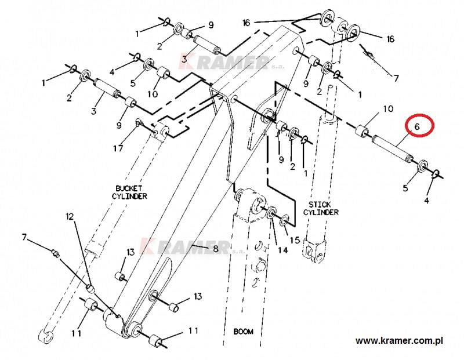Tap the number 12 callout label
pyautogui.click(x=70, y=217)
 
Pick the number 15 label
pyautogui.click(x=295, y=239)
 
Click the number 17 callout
pyautogui.click(x=118, y=148)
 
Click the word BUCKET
pyautogui.click(x=128, y=188)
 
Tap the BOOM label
pyautogui.click(x=243, y=332)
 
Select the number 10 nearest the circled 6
pyautogui.click(x=388, y=108)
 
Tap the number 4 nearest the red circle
pyautogui.click(x=427, y=201)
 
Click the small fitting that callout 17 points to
pyautogui.click(x=139, y=123)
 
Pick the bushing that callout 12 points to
pyautogui.click(x=90, y=288)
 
